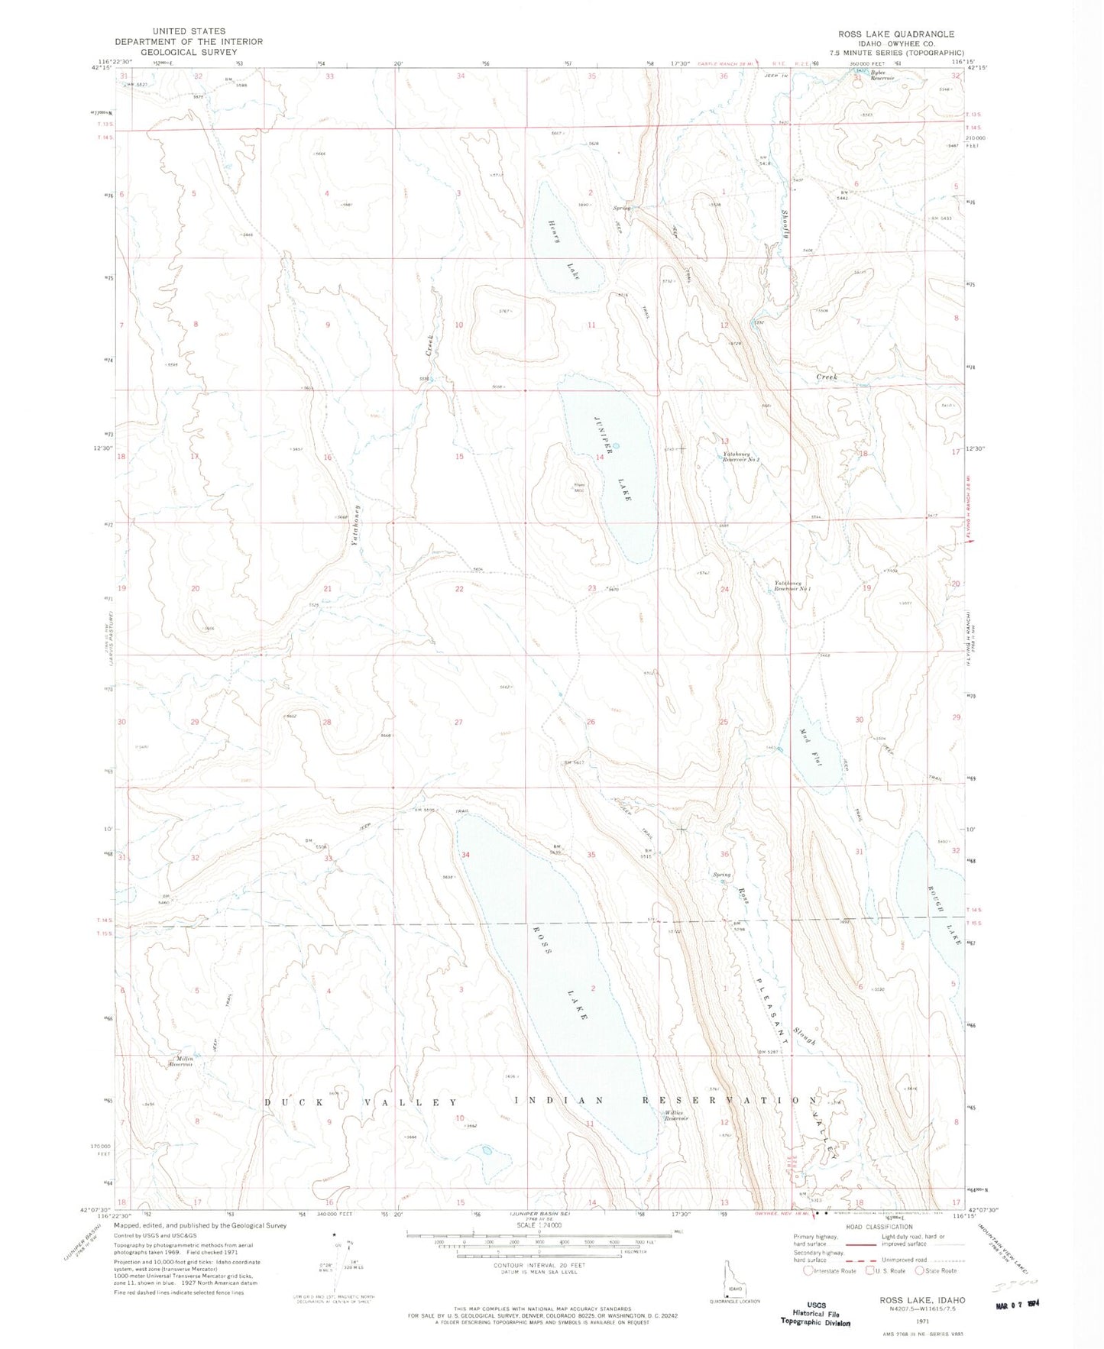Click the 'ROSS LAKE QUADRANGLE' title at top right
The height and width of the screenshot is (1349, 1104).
tap(895, 34)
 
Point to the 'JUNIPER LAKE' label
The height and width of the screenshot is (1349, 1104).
tap(613, 458)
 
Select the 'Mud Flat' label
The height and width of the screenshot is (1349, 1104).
tap(810, 748)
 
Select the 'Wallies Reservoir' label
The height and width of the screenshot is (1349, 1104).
tap(677, 1116)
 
